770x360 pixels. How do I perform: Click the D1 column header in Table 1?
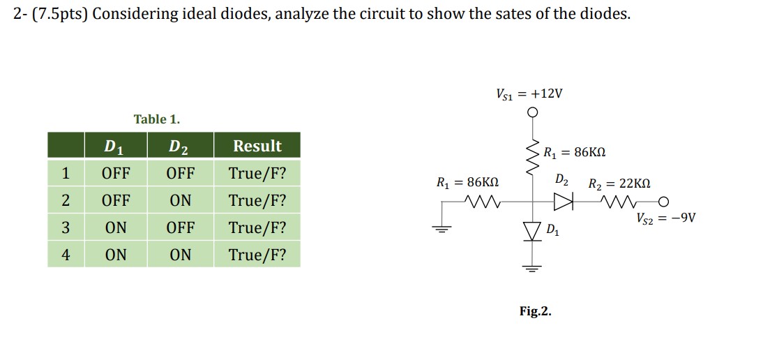click(115, 146)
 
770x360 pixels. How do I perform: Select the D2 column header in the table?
click(180, 146)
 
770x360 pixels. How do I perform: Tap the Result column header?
click(257, 146)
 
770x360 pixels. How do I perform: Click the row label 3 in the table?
click(66, 227)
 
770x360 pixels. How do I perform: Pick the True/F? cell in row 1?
click(257, 172)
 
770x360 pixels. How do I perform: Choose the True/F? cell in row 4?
click(257, 255)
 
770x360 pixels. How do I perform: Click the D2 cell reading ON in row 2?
click(180, 200)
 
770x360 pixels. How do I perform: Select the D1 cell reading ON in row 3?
click(115, 227)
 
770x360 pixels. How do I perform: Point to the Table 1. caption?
click(157, 119)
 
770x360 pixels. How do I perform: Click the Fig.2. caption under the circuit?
click(535, 311)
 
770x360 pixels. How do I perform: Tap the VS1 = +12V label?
click(529, 93)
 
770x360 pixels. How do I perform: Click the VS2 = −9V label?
click(665, 218)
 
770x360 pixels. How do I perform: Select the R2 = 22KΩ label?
click(619, 184)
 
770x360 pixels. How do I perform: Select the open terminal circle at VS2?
click(665, 203)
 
